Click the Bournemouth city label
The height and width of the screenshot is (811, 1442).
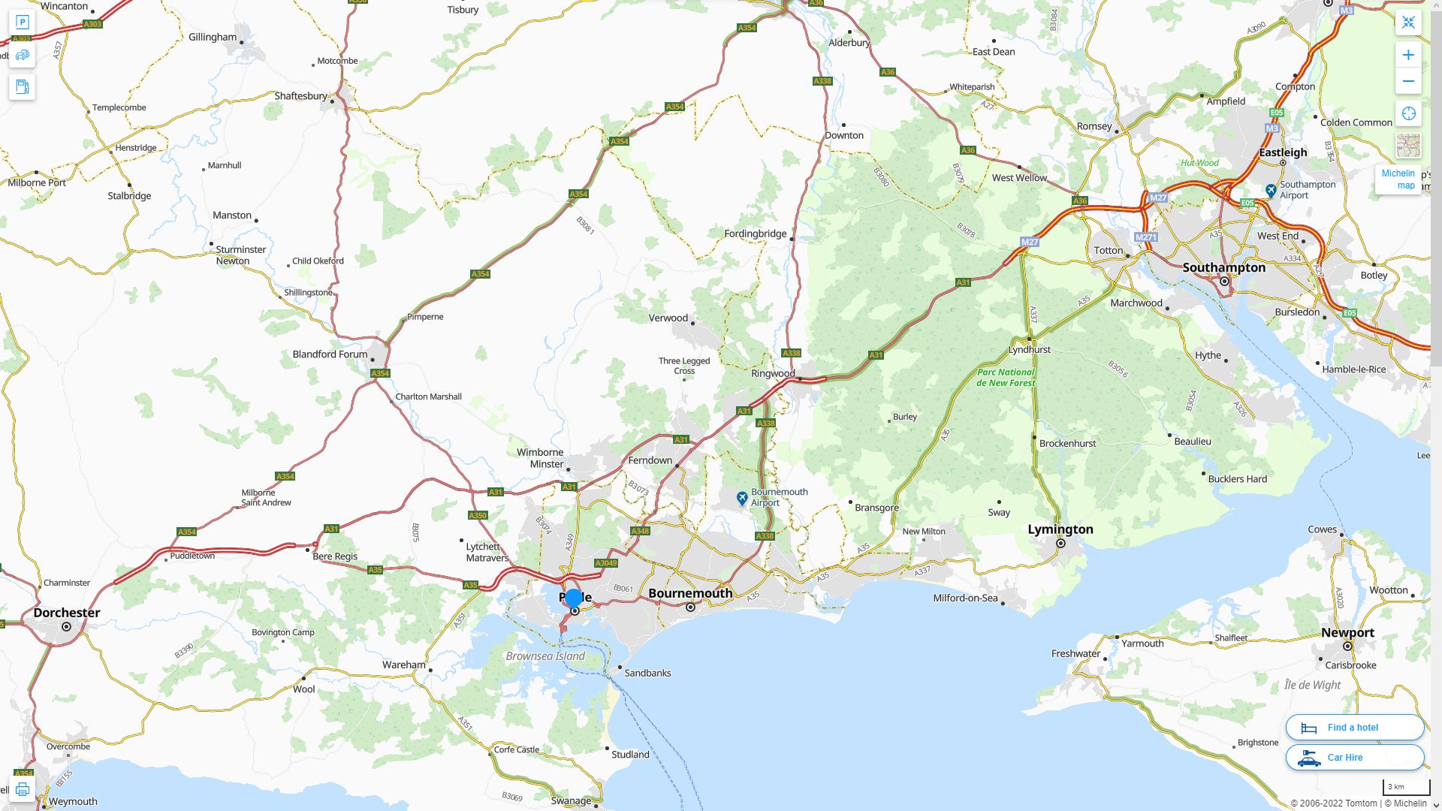pos(689,593)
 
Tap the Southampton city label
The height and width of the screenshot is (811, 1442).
pos(1223,267)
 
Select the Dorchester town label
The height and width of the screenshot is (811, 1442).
pos(66,613)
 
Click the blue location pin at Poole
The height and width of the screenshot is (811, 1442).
pos(573,598)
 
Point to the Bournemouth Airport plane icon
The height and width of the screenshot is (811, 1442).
pos(742,498)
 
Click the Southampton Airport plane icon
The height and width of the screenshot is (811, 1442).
pos(1271,190)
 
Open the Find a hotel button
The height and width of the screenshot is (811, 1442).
pos(1354,727)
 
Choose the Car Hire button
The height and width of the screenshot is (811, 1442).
pos(1354,757)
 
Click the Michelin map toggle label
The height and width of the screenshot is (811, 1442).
pos(1398,179)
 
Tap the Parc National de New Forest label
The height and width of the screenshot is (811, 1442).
pos(1006,377)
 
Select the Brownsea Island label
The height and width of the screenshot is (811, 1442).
pos(545,656)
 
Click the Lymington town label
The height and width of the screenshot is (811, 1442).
pos(1060,529)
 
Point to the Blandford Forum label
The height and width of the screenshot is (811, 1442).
pos(330,354)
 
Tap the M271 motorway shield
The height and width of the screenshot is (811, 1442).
pos(1145,237)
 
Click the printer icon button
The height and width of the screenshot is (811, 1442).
pos(22,788)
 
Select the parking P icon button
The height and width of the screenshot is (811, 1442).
pos(22,22)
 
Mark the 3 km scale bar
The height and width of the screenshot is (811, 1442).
pos(1406,788)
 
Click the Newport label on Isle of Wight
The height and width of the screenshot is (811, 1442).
pos(1347,632)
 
